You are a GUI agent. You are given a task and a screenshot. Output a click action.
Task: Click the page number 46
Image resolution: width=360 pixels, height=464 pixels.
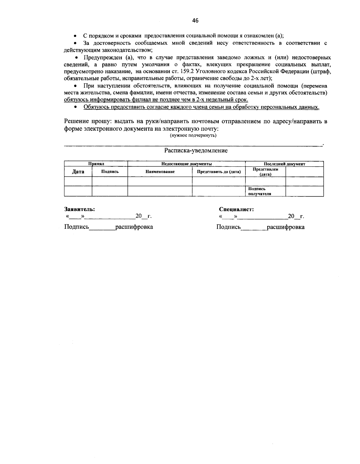click(x=195, y=21)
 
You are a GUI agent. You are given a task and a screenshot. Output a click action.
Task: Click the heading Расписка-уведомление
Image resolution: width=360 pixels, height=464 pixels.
click(x=196, y=150)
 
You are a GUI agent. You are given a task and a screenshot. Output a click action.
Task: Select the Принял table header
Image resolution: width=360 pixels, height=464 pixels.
click(x=96, y=164)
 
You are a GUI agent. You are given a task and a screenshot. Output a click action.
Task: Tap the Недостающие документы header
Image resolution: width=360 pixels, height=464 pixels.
click(x=186, y=164)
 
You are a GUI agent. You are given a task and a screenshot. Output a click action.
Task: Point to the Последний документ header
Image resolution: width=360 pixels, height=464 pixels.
click(x=284, y=164)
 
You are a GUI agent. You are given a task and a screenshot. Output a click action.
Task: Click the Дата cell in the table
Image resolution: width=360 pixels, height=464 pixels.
click(x=78, y=172)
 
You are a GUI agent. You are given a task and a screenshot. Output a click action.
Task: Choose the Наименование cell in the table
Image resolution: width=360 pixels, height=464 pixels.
click(x=160, y=172)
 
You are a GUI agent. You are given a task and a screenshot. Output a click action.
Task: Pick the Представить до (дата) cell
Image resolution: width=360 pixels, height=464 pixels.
click(x=219, y=172)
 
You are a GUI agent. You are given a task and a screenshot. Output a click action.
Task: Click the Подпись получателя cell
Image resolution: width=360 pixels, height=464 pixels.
click(x=259, y=191)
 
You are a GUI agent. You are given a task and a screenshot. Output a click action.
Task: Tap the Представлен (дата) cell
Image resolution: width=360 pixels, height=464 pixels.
click(x=265, y=172)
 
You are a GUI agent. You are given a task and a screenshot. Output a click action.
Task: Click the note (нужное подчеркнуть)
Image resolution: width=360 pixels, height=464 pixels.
click(x=193, y=135)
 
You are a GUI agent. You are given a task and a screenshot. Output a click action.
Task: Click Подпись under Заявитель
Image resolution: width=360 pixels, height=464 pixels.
click(x=76, y=227)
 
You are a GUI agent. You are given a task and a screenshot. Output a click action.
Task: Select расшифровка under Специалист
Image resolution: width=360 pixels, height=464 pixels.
click(x=286, y=227)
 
